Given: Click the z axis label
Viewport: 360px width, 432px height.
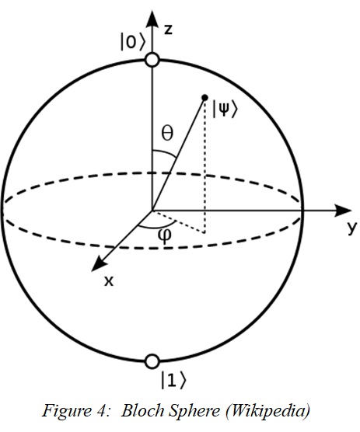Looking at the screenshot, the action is tap(168, 30).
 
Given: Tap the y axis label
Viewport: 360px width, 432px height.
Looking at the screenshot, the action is tap(352, 228).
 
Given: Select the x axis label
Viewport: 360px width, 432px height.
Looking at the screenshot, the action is tap(109, 281).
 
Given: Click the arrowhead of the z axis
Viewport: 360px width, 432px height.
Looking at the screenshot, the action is tap(152, 19).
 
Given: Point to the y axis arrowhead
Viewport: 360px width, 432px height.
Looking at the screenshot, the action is tap(343, 211).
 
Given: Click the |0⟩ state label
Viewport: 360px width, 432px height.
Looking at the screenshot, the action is tap(132, 42).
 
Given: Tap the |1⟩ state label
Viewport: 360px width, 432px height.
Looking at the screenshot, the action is tap(173, 380).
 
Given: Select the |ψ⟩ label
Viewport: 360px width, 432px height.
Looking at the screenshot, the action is tap(225, 110).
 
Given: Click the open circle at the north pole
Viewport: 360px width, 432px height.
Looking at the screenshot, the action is tap(152, 60).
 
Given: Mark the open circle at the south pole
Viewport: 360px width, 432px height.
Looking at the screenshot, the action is tap(152, 361).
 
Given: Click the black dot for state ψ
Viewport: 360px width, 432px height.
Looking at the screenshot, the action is tap(204, 98).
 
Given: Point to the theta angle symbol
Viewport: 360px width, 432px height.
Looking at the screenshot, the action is tap(167, 133).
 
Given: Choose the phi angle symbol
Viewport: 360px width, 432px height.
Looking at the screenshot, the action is tap(165, 236).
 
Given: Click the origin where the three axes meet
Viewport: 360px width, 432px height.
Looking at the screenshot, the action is tap(152, 211).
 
